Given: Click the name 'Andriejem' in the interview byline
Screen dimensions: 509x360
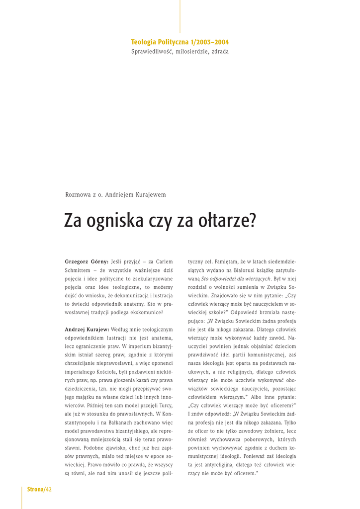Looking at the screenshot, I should coord(120,195).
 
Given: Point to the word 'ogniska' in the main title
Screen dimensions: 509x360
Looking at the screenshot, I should coord(115,221).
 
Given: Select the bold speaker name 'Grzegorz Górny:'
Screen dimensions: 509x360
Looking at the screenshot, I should coord(87,261).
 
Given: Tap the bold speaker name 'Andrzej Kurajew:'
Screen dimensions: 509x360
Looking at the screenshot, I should coord(87,330).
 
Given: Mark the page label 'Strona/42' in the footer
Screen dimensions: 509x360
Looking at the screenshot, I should coord(39,490).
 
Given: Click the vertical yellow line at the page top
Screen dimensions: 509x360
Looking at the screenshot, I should coord(180,16).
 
